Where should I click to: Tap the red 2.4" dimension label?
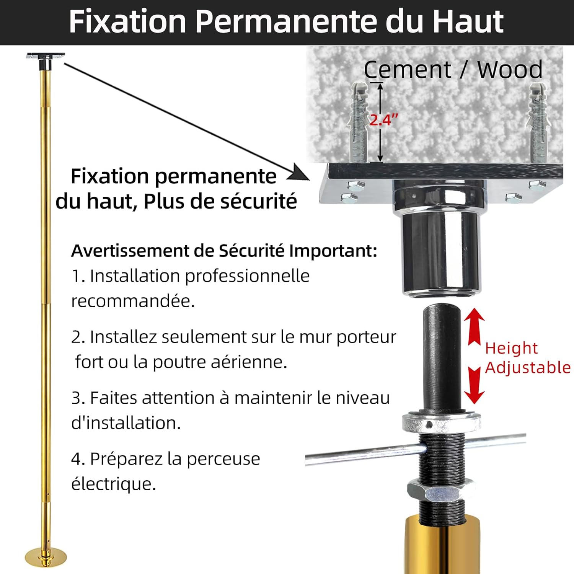(x=383, y=120)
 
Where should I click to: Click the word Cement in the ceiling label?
(x=407, y=70)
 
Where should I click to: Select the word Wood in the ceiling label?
(x=510, y=70)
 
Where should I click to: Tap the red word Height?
(x=511, y=348)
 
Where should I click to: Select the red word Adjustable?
(x=528, y=367)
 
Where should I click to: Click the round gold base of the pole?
(x=46, y=557)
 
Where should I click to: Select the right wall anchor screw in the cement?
(x=538, y=123)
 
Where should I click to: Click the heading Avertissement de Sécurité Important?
(x=224, y=251)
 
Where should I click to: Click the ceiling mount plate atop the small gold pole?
(x=46, y=56)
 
